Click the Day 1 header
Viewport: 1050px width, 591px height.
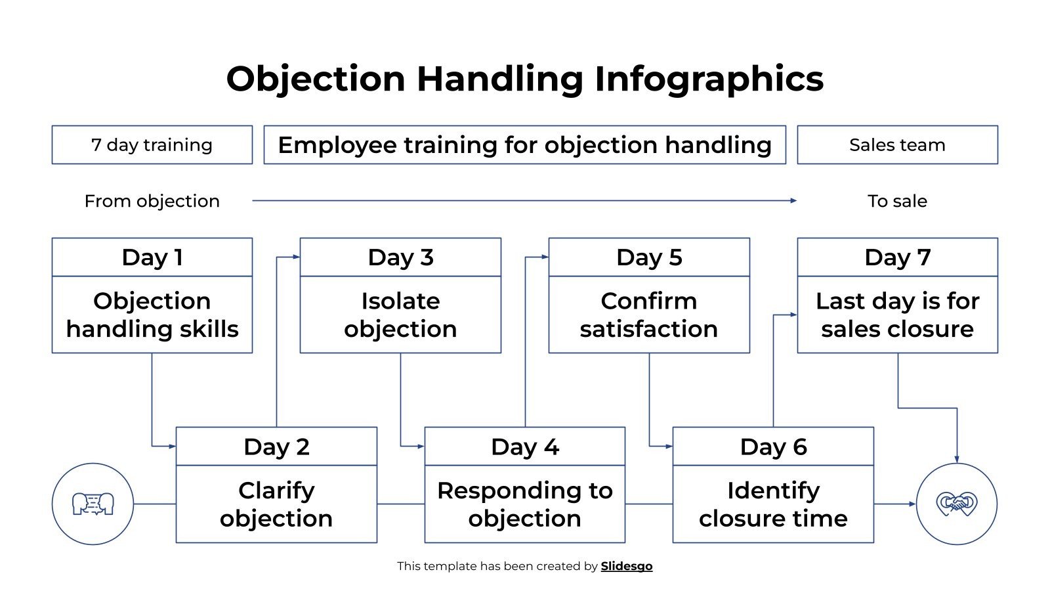(152, 257)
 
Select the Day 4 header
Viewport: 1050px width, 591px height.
(524, 447)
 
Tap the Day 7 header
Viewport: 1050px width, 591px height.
(897, 257)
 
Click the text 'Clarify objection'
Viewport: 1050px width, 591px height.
(276, 504)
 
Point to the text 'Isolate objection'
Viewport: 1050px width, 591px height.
(400, 315)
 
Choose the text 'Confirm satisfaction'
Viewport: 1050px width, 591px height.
(648, 315)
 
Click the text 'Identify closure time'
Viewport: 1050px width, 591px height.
(773, 504)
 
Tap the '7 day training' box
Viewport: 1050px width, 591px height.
(152, 144)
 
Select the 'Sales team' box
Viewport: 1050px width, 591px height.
(897, 144)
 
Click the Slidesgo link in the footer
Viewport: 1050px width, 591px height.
(626, 566)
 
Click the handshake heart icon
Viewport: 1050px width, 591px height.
(956, 504)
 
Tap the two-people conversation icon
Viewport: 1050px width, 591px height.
(93, 504)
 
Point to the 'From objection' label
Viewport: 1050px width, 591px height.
(152, 201)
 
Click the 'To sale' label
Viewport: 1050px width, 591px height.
(897, 201)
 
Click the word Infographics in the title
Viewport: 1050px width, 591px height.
(709, 79)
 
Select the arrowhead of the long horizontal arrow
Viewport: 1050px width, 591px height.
(793, 200)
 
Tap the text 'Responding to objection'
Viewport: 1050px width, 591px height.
(524, 504)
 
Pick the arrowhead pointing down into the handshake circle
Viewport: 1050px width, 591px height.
(957, 459)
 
